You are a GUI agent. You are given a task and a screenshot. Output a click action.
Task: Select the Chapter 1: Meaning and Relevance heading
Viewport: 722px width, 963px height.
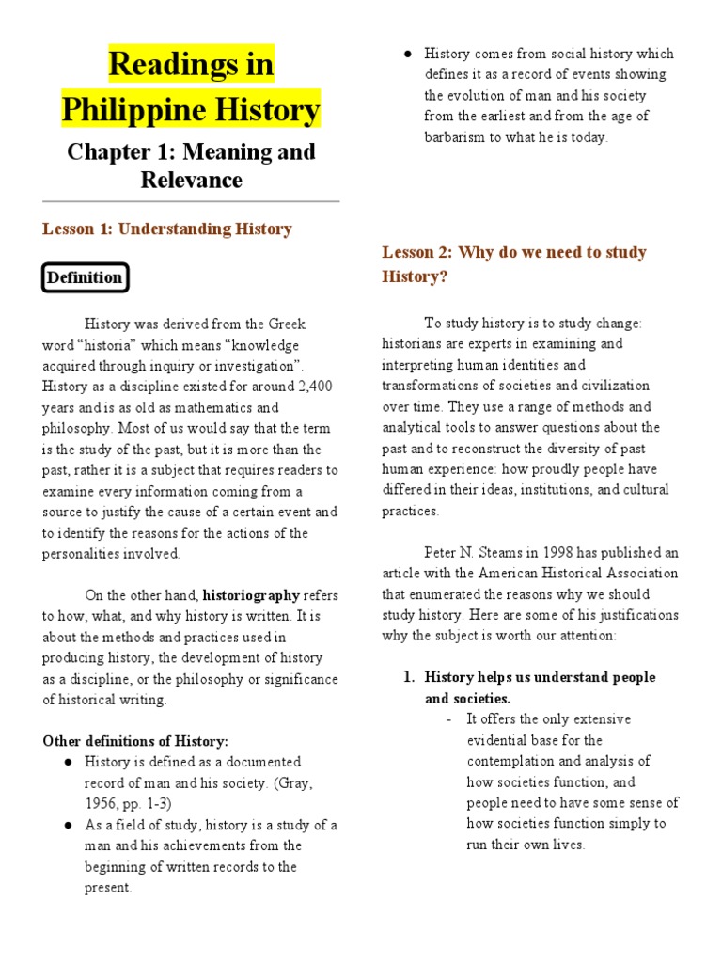tap(191, 165)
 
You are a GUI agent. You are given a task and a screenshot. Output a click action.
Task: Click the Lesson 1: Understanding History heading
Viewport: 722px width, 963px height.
tap(167, 229)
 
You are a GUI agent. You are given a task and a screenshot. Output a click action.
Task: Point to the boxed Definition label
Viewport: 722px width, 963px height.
tap(86, 277)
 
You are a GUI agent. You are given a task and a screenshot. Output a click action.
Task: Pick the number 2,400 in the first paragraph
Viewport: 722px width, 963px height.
tap(314, 386)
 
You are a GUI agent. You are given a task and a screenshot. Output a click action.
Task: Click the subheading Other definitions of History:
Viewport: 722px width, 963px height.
tap(135, 741)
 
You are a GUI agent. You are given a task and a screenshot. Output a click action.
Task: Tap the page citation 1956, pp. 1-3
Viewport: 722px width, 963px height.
tap(127, 803)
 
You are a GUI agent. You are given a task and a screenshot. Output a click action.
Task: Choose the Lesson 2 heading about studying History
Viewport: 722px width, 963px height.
tap(513, 264)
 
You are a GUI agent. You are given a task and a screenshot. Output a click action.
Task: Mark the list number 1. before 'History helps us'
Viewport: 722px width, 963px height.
tap(408, 677)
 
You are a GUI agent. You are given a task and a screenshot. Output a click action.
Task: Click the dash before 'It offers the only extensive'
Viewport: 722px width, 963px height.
tap(449, 719)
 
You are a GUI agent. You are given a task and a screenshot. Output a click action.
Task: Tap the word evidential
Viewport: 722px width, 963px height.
tap(499, 740)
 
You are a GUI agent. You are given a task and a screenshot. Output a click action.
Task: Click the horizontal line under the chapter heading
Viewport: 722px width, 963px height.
tap(191, 201)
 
